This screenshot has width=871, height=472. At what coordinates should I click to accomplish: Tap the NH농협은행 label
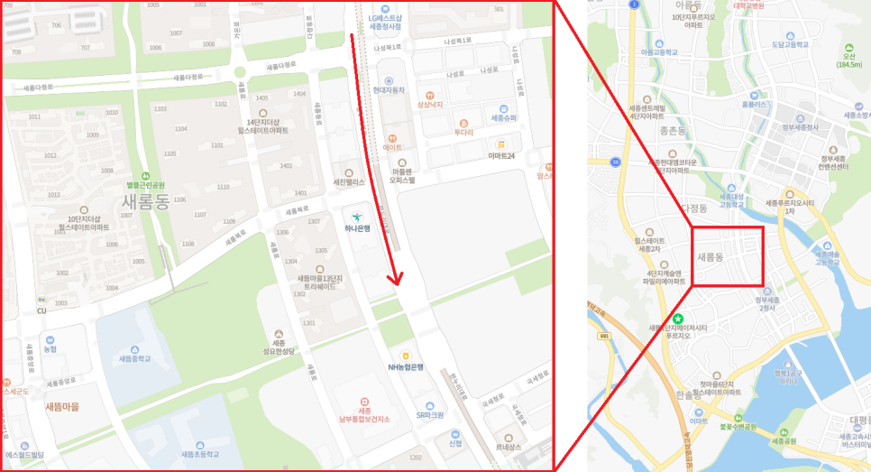(406, 366)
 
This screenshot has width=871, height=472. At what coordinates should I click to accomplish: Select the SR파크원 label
(430, 415)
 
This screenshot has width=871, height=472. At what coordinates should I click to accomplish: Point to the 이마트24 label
(500, 155)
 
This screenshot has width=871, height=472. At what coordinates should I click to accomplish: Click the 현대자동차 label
(389, 90)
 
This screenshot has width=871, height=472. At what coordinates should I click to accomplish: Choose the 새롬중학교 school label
(134, 358)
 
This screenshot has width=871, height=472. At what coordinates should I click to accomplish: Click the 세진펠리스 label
(349, 181)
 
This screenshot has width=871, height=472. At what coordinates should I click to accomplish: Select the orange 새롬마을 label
(62, 407)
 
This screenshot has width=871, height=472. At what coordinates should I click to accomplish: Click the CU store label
(41, 311)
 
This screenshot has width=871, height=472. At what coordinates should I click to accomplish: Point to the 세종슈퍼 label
(503, 118)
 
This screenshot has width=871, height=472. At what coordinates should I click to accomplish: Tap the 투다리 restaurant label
(463, 132)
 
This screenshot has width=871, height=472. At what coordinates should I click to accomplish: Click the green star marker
(677, 319)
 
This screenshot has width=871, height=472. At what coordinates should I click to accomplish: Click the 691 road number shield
(604, 336)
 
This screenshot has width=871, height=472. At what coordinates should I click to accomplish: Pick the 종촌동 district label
(674, 131)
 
